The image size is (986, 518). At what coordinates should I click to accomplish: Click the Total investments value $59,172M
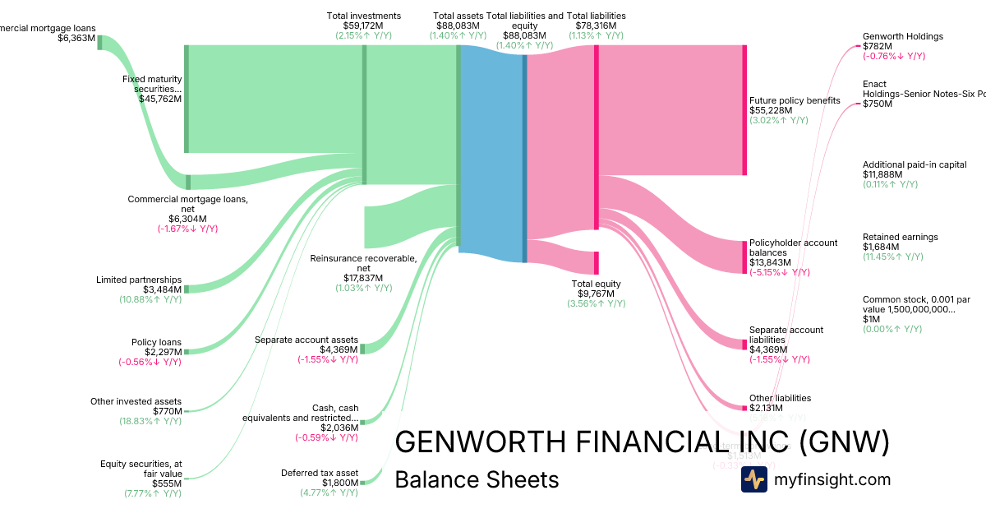pos(363,25)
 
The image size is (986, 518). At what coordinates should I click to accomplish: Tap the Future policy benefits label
pos(795,100)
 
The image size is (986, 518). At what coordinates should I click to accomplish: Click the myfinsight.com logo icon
pos(753,479)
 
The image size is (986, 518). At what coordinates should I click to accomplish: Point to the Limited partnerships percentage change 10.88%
pos(150,299)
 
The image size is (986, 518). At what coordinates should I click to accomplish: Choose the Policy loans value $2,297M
pos(163,352)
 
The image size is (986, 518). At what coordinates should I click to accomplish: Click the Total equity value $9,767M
pos(596,294)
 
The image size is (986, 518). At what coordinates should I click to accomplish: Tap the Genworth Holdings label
pos(902,36)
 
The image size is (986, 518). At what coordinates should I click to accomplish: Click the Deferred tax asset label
pos(320,473)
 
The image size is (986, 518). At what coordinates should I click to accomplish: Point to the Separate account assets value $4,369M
pos(339,349)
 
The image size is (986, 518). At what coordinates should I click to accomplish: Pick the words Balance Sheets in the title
pos(477,479)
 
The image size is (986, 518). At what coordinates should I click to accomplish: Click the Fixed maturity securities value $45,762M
pos(159,99)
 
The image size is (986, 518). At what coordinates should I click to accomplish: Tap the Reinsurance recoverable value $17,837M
pos(363,278)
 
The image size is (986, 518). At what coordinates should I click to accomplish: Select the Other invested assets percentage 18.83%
pos(150,421)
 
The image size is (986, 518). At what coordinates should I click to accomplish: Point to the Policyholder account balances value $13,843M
pos(770,262)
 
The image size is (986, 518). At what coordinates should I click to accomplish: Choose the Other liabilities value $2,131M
pos(766,408)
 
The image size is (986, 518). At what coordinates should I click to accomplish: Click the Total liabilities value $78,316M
pos(596,25)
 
